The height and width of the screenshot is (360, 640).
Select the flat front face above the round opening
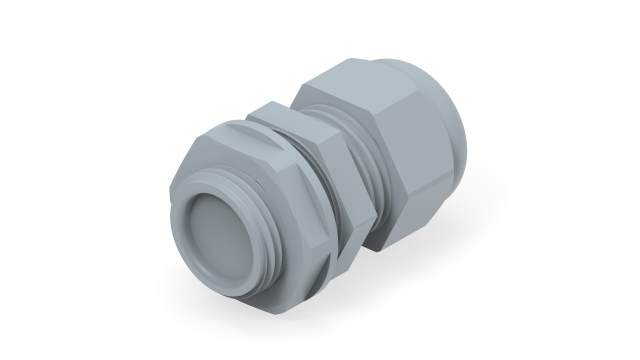(x=215, y=160)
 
